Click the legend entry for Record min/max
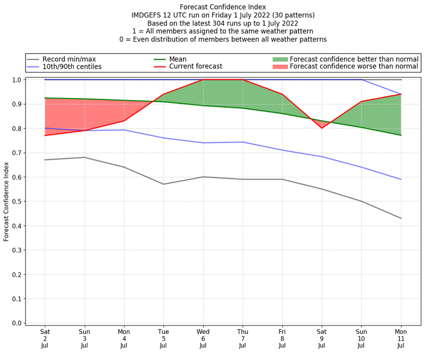(69, 59)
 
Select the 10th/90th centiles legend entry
(72, 67)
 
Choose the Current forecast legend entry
(195, 67)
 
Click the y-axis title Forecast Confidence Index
(6, 201)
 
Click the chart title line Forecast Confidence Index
(223, 7)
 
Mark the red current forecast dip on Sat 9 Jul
(322, 128)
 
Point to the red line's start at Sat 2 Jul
(45, 135)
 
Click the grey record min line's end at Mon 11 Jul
(401, 218)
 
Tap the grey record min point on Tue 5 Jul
(163, 184)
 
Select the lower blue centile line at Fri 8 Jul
(282, 150)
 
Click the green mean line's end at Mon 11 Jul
(401, 135)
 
